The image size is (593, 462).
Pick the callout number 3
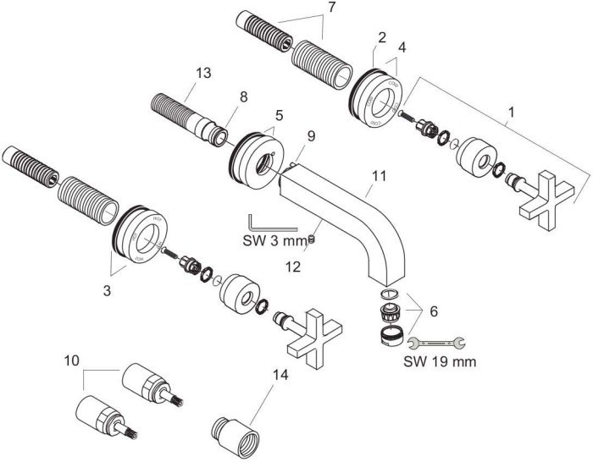pyautogui.click(x=106, y=289)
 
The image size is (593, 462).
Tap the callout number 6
pyautogui.click(x=434, y=311)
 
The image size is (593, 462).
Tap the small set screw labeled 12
pyautogui.click(x=311, y=239)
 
